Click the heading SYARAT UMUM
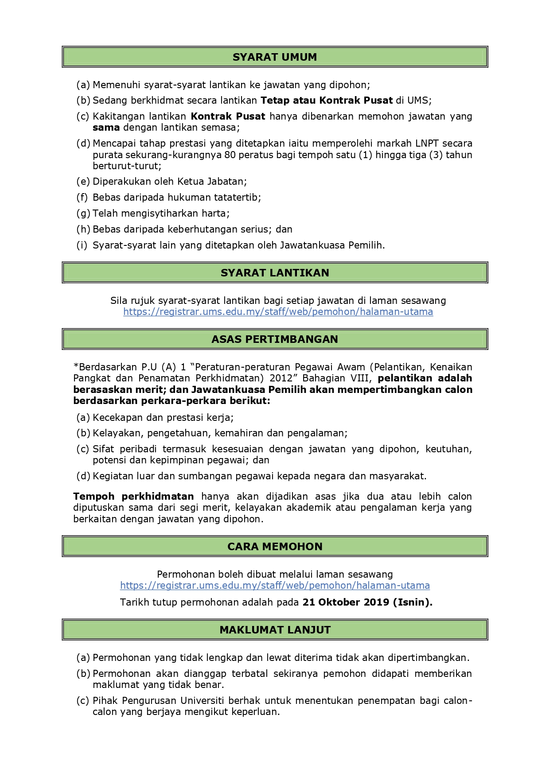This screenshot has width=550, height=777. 275,57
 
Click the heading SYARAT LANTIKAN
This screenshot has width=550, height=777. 275,273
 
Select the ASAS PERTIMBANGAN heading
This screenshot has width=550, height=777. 275,339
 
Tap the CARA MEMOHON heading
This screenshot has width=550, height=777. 275,547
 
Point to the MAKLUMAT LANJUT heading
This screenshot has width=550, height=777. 275,630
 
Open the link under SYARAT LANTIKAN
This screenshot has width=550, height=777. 278,312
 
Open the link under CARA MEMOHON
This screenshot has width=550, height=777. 275,586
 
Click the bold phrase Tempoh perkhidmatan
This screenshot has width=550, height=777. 133,497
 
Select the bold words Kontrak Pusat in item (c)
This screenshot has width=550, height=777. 228,117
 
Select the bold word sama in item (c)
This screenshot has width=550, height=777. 106,128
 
